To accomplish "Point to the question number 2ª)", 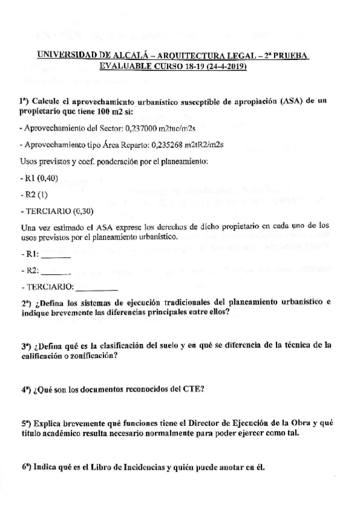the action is tap(28, 303).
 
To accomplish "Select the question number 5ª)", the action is tap(27, 423).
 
